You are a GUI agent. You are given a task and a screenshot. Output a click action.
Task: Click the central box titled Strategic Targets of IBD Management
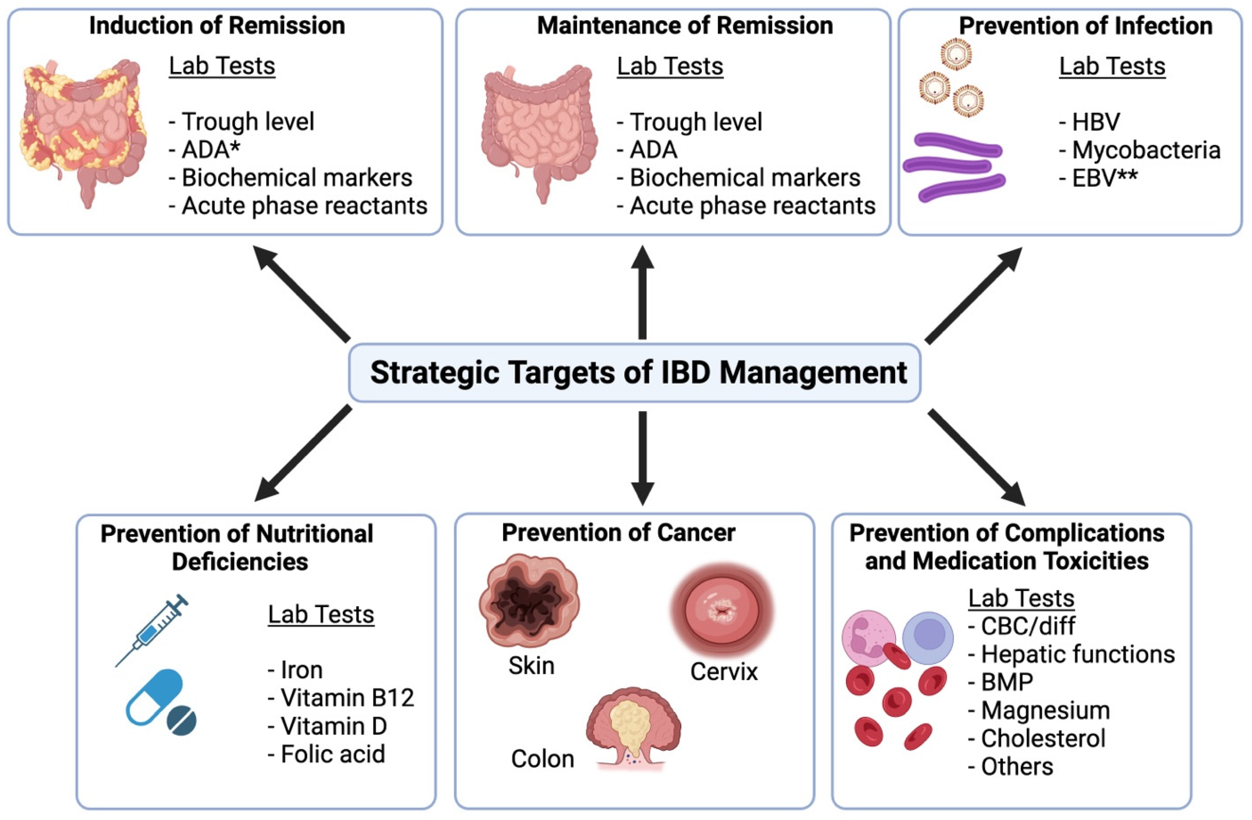point(634,373)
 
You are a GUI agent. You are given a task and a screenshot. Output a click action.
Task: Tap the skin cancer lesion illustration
point(528,601)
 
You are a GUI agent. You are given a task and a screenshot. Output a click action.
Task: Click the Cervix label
point(724,672)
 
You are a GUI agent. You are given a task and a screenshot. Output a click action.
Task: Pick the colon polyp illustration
point(633,728)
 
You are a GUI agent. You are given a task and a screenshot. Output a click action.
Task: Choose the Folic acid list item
point(327,754)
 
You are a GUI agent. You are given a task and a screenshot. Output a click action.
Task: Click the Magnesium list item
point(1039,711)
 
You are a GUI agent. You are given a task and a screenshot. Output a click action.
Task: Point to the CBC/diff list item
point(1022,626)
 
